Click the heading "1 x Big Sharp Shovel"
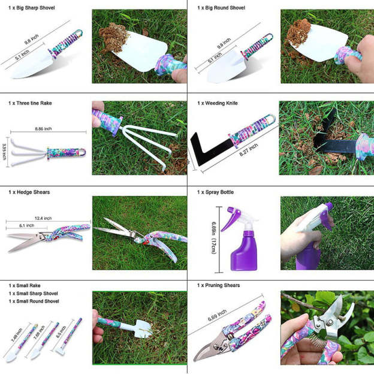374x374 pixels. (x=32, y=8)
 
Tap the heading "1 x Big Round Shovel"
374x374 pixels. (x=221, y=8)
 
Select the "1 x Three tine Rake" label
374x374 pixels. (x=30, y=103)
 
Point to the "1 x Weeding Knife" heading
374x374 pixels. (x=218, y=103)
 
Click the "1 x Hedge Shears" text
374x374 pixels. (x=29, y=192)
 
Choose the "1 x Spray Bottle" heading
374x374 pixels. (x=215, y=192)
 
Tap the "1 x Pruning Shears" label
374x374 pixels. (x=219, y=285)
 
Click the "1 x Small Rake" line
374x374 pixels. (x=25, y=285)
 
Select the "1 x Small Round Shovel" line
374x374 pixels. (x=34, y=301)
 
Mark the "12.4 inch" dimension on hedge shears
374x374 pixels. (x=43, y=218)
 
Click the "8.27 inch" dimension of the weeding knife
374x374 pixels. (x=249, y=150)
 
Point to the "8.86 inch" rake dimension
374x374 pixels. (x=43, y=129)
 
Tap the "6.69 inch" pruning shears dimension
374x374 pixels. (x=217, y=315)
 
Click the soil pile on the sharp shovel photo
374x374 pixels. (x=114, y=38)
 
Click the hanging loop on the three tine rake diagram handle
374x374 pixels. (x=82, y=152)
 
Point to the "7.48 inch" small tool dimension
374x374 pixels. (x=17, y=335)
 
